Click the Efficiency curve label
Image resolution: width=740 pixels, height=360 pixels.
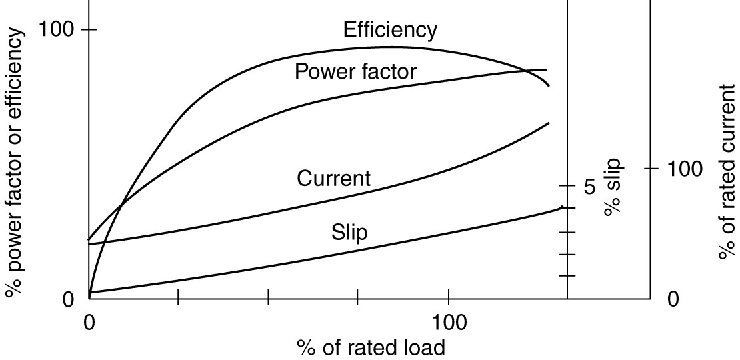[390, 30]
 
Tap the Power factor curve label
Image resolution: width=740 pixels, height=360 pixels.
[355, 71]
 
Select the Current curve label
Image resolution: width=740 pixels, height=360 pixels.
[333, 179]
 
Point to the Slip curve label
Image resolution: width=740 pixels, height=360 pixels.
[349, 233]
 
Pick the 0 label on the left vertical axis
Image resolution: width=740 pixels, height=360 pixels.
[69, 299]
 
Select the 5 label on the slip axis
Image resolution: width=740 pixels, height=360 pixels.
[589, 186]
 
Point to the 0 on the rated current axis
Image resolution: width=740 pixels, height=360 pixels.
[673, 299]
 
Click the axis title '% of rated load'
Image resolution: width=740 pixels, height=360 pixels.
[371, 347]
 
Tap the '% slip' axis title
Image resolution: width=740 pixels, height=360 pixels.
[612, 187]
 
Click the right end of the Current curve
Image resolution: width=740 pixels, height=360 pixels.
[549, 123]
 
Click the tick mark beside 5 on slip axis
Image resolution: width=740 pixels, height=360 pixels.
[567, 185]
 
